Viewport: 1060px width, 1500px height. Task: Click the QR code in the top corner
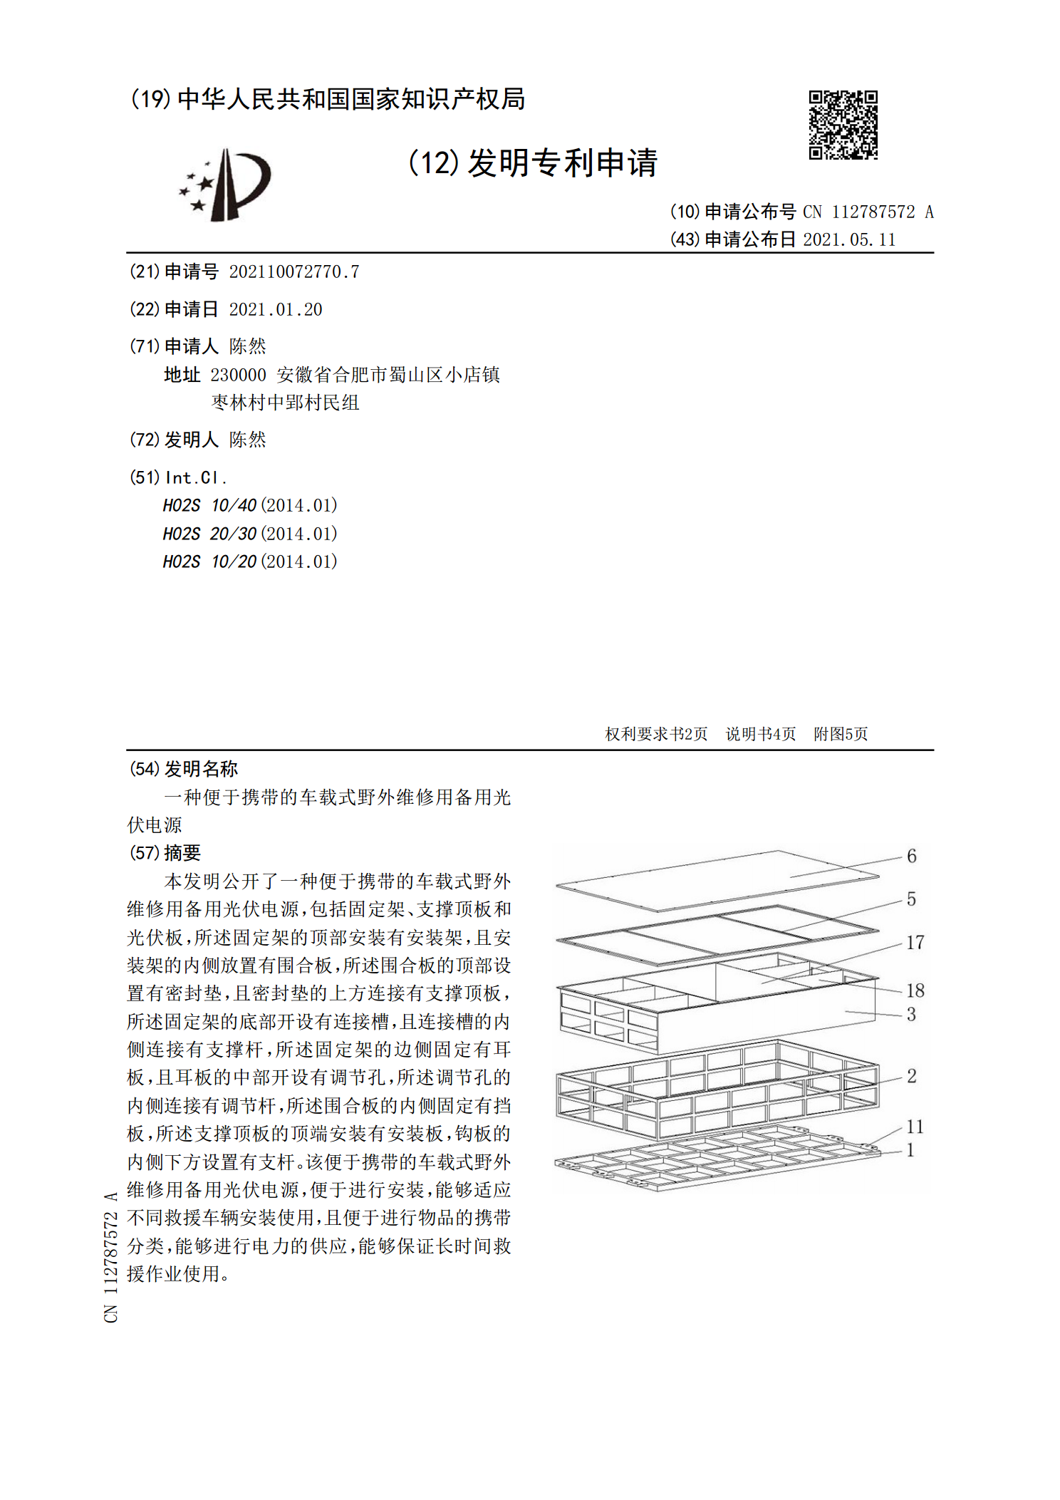pyautogui.click(x=843, y=125)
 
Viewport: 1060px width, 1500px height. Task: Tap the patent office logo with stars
pyautogui.click(x=225, y=185)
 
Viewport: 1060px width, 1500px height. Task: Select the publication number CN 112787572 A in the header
pyautogui.click(x=868, y=212)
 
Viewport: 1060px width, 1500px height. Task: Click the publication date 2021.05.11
pyautogui.click(x=849, y=239)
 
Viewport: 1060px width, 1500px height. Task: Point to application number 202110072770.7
pyautogui.click(x=293, y=271)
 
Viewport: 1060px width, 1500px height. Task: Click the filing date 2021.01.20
pyautogui.click(x=276, y=309)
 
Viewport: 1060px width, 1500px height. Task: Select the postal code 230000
pyautogui.click(x=238, y=375)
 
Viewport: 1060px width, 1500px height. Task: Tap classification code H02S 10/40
pyautogui.click(x=209, y=505)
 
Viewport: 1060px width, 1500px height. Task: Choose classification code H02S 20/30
pyautogui.click(x=209, y=534)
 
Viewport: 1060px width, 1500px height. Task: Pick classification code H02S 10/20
pyautogui.click(x=209, y=562)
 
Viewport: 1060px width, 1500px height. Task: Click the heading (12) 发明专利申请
pyautogui.click(x=532, y=163)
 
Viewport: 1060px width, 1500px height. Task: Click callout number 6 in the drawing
pyautogui.click(x=911, y=856)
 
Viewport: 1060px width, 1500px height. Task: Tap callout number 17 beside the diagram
pyautogui.click(x=915, y=943)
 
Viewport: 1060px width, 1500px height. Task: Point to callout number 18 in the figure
pyautogui.click(x=915, y=990)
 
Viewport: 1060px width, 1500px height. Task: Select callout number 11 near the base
pyautogui.click(x=915, y=1127)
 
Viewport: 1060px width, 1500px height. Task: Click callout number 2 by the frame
pyautogui.click(x=911, y=1076)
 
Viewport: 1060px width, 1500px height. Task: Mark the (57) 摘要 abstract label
pyautogui.click(x=165, y=853)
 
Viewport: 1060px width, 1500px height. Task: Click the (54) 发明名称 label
pyautogui.click(x=184, y=769)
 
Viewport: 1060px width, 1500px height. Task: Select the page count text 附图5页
pyautogui.click(x=841, y=734)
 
